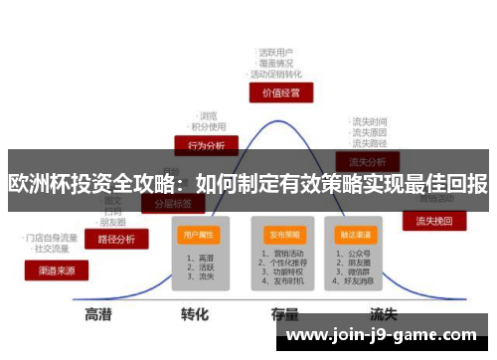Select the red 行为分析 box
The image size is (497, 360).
click(x=206, y=144)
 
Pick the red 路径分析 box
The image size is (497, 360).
click(x=116, y=239)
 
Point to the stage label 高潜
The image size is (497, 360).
click(x=97, y=314)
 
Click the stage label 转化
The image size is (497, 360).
click(x=194, y=314)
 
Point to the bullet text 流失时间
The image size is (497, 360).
click(x=370, y=121)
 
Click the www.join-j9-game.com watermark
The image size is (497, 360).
click(x=384, y=334)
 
